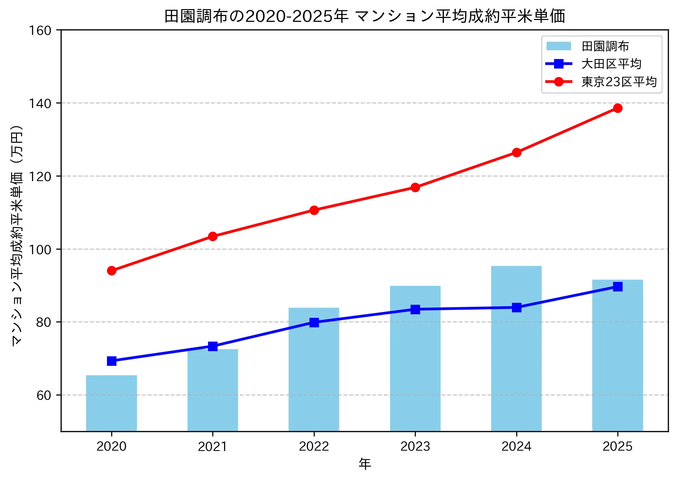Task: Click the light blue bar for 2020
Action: point(112,403)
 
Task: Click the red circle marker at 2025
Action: point(617,108)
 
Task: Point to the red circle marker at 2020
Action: point(112,271)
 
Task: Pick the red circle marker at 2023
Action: point(415,187)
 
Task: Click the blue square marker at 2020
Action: point(112,361)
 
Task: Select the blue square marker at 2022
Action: point(314,322)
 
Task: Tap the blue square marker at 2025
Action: point(617,287)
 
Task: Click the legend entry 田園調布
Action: point(605,46)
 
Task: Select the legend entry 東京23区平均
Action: point(619,82)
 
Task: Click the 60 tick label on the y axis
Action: point(44,395)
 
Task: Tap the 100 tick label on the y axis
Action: point(40,250)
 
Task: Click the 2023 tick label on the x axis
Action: point(415,446)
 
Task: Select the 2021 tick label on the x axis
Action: point(213,446)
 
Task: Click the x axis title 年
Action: point(365,464)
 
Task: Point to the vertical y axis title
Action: point(17,235)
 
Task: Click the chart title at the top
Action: point(365,16)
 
